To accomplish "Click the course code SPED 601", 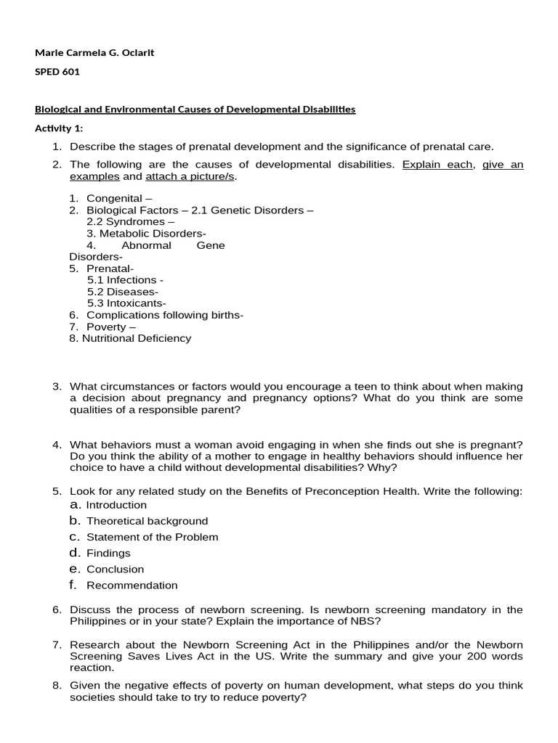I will (x=57, y=72).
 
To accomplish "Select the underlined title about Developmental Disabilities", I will (x=195, y=110).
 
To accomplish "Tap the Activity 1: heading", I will (x=60, y=128).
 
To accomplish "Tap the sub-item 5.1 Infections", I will (x=125, y=279).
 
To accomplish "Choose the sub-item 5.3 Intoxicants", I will (x=126, y=303).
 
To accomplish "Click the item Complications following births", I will (x=165, y=315).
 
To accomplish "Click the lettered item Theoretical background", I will (x=147, y=521).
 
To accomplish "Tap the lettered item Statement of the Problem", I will (x=152, y=537).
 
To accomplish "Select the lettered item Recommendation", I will (x=132, y=585).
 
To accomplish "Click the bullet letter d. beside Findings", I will (x=74, y=553).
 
